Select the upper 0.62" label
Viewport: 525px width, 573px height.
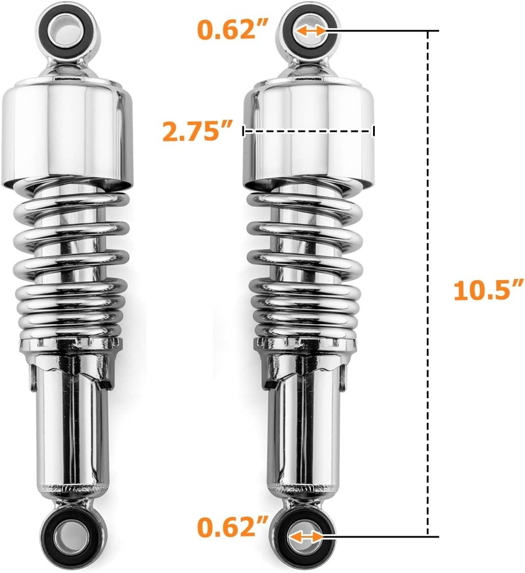coord(233,29)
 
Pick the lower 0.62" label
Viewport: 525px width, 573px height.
coord(233,527)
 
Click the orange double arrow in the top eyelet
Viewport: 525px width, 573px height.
coord(309,31)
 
